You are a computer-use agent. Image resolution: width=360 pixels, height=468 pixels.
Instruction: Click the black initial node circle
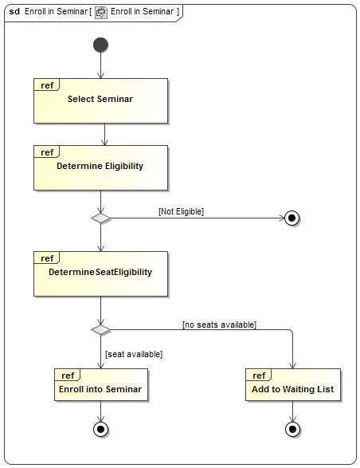click(100, 44)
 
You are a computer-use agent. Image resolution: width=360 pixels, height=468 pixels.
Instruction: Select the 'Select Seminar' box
click(100, 100)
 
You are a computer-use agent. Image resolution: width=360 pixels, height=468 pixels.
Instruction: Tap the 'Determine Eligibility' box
click(100, 167)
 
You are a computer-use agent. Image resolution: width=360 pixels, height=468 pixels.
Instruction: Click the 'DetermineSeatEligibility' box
click(100, 273)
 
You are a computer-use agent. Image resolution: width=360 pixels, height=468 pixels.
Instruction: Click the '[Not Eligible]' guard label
click(181, 211)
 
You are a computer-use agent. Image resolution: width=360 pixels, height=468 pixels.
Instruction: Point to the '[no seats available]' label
click(219, 324)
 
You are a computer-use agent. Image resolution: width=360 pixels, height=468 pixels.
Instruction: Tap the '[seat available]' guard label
click(133, 353)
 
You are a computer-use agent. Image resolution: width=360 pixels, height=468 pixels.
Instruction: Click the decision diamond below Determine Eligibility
click(100, 217)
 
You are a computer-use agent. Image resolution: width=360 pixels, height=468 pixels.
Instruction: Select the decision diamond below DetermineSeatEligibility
click(100, 328)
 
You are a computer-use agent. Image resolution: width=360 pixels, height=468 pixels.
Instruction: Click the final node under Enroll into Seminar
click(100, 429)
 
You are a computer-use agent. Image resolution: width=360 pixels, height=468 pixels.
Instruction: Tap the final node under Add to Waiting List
click(293, 429)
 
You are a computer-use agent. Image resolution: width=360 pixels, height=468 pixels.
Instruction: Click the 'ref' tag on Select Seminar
click(47, 85)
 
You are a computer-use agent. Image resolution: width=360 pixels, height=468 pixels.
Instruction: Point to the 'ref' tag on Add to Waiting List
click(259, 376)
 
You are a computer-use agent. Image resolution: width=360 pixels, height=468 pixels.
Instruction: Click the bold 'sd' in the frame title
click(14, 12)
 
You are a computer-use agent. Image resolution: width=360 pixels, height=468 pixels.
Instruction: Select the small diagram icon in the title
click(100, 12)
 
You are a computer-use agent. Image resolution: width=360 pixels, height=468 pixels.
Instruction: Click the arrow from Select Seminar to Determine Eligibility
click(104, 134)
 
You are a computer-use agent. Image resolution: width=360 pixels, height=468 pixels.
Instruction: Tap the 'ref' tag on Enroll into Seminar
click(68, 376)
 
